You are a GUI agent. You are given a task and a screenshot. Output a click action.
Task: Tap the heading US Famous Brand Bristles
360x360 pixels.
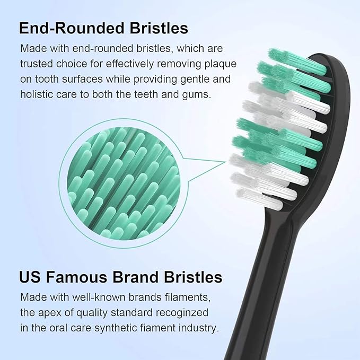click(x=120, y=277)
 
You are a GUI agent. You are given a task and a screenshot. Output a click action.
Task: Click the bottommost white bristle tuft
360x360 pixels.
click(x=260, y=199)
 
